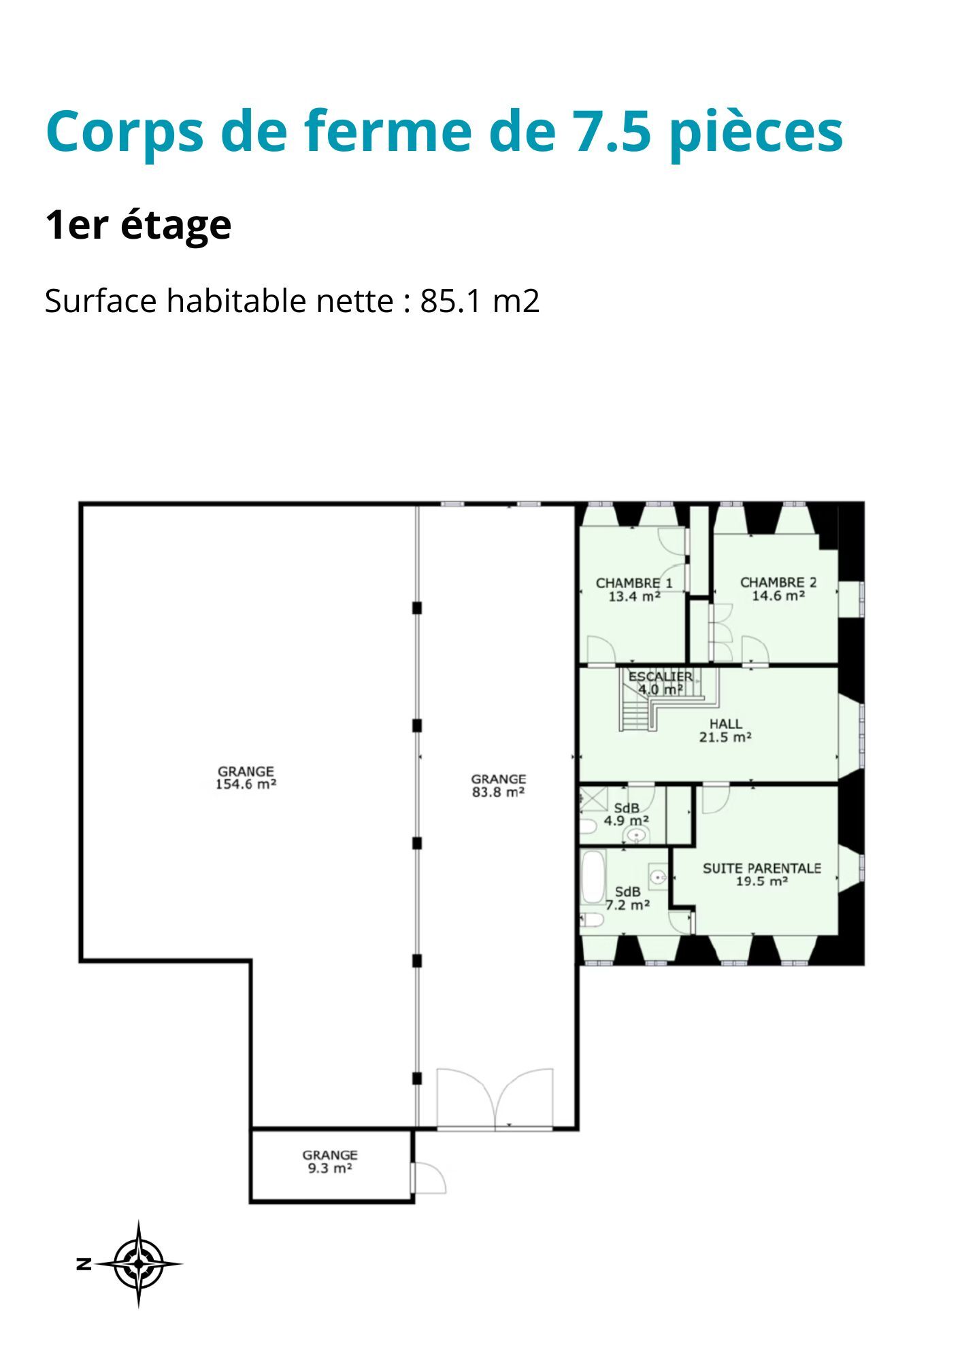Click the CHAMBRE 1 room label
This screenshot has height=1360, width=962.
click(634, 583)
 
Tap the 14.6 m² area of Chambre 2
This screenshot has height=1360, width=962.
click(778, 596)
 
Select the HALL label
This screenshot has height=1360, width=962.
click(725, 724)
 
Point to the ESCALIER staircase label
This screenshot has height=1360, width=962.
click(660, 677)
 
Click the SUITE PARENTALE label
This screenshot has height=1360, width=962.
click(761, 868)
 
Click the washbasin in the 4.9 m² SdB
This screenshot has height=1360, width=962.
click(637, 835)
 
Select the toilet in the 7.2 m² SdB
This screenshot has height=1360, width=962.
click(591, 921)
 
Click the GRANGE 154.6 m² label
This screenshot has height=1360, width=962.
click(246, 778)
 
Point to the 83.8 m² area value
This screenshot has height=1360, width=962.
click(499, 792)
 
